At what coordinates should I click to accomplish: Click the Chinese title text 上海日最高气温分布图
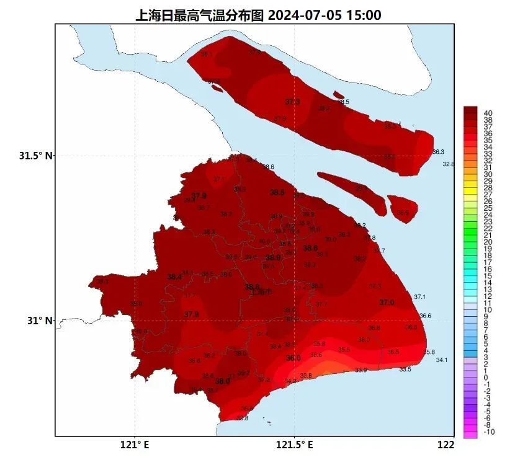tap(200, 14)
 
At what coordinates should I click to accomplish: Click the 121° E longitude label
tap(135, 444)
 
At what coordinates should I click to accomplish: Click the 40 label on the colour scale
tap(488, 113)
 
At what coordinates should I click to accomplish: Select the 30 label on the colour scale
tap(488, 174)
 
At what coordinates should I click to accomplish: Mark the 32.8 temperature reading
tap(448, 164)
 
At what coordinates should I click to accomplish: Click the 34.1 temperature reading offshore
tap(442, 360)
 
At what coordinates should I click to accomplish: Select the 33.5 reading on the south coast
tap(405, 369)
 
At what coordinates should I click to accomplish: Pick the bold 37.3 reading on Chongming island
tap(292, 102)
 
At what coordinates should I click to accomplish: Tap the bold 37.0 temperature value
tap(387, 302)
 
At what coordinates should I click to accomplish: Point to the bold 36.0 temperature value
tap(293, 358)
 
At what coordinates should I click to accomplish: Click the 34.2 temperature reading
tap(290, 381)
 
